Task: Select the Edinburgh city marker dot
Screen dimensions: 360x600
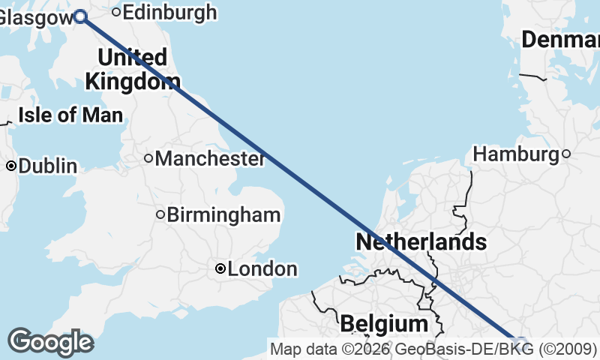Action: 116,11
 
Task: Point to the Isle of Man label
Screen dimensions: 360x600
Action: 70,115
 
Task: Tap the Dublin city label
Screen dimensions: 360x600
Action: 48,166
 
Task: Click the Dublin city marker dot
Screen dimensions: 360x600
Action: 12,166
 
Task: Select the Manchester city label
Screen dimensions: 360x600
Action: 209,159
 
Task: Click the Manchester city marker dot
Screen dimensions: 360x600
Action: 148,158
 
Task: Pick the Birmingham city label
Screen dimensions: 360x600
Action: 223,215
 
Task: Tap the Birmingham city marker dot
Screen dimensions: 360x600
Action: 160,215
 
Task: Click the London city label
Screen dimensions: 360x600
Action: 262,268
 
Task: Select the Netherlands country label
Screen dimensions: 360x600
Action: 421,242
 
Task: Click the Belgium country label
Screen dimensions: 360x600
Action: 383,324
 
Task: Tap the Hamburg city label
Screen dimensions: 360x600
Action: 516,154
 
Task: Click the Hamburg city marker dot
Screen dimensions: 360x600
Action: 566,154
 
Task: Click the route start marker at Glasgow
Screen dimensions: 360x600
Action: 80,16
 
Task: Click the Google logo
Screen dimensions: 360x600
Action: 50,341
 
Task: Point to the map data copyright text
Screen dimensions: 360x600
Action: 433,349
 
